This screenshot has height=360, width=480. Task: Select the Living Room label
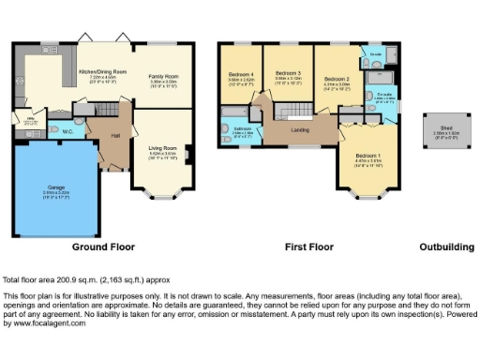point(163,147)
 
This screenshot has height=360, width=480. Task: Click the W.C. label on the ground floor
point(68,130)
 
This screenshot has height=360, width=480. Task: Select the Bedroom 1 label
point(367,156)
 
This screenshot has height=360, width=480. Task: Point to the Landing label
point(300,129)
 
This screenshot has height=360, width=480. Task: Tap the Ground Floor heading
point(103,248)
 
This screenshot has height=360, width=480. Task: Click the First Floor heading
point(309,248)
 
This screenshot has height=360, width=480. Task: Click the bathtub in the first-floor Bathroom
point(227,116)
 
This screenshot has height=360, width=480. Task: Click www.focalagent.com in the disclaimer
point(45,323)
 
